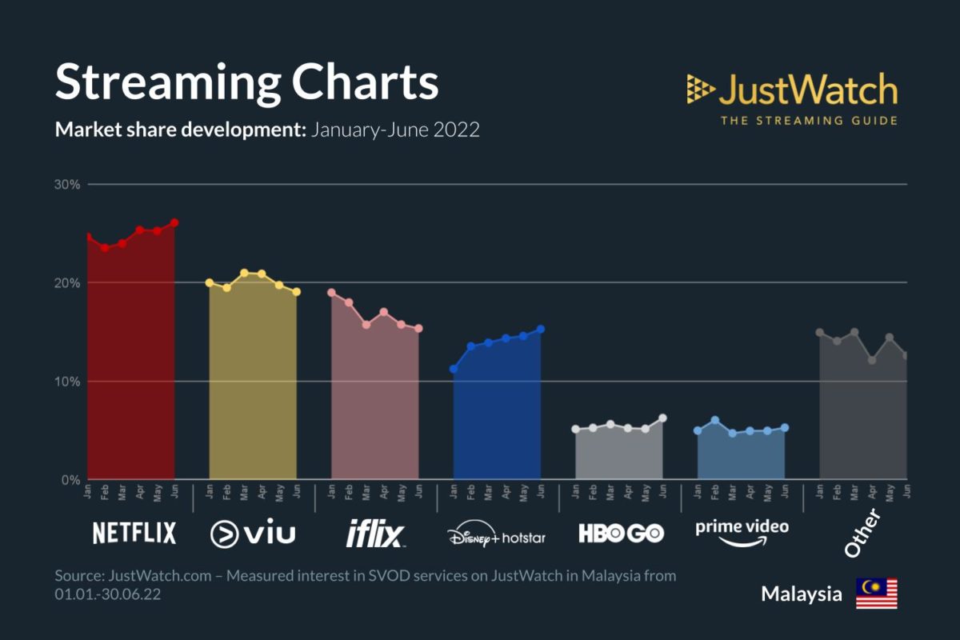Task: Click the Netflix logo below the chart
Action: click(134, 534)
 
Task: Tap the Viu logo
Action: click(252, 534)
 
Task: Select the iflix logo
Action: click(375, 534)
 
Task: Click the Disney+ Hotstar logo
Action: click(496, 535)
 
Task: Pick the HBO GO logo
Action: click(621, 534)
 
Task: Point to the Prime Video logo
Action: click(742, 532)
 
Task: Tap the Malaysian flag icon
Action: click(877, 594)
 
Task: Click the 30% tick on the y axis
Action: click(68, 185)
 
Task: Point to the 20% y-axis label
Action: click(68, 283)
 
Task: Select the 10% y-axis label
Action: click(68, 382)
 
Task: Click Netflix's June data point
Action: click(174, 222)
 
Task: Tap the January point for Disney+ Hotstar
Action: click(454, 369)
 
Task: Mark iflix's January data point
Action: click(331, 293)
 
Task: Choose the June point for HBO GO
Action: click(662, 418)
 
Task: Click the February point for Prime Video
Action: click(715, 420)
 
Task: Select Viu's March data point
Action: click(244, 273)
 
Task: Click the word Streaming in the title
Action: click(167, 82)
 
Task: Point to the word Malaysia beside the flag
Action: click(801, 594)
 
